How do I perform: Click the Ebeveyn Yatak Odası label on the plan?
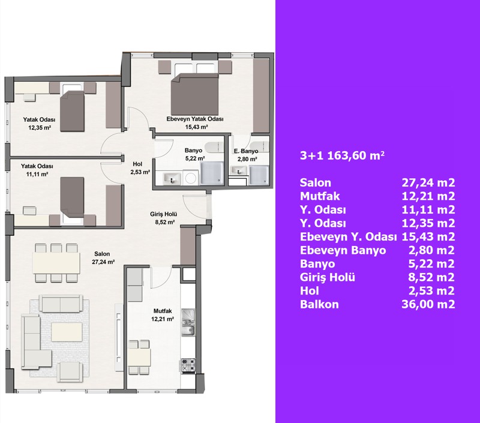pyautogui.click(x=194, y=119)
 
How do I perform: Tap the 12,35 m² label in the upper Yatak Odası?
pyautogui.click(x=40, y=128)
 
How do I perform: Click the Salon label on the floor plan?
pyautogui.click(x=102, y=254)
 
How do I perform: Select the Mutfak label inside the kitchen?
pyautogui.click(x=163, y=311)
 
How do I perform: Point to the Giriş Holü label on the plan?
pyautogui.click(x=163, y=214)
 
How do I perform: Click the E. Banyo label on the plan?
pyautogui.click(x=246, y=151)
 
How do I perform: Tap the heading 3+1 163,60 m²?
pyautogui.click(x=342, y=155)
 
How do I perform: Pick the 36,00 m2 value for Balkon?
pyautogui.click(x=428, y=304)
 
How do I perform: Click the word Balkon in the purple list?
pyautogui.click(x=319, y=304)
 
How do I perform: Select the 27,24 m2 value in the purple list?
pyautogui.click(x=428, y=183)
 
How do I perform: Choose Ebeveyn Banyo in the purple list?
pyautogui.click(x=343, y=250)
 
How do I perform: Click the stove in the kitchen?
pyautogui.click(x=188, y=365)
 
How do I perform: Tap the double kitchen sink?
pyautogui.click(x=188, y=322)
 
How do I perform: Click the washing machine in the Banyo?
pyautogui.click(x=191, y=178)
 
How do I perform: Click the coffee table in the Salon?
pyautogui.click(x=67, y=332)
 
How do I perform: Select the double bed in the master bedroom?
pyautogui.click(x=194, y=94)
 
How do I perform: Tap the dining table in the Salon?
pyautogui.click(x=56, y=263)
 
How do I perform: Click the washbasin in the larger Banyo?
pyautogui.click(x=172, y=178)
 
